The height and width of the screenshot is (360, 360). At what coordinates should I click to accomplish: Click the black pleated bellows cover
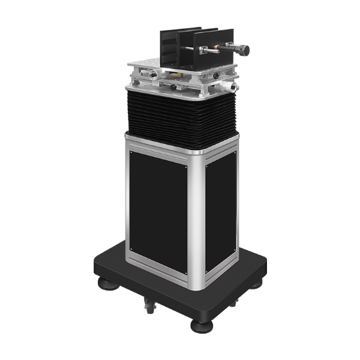coord(180,120)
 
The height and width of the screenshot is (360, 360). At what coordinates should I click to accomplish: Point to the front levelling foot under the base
coord(198,327)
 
